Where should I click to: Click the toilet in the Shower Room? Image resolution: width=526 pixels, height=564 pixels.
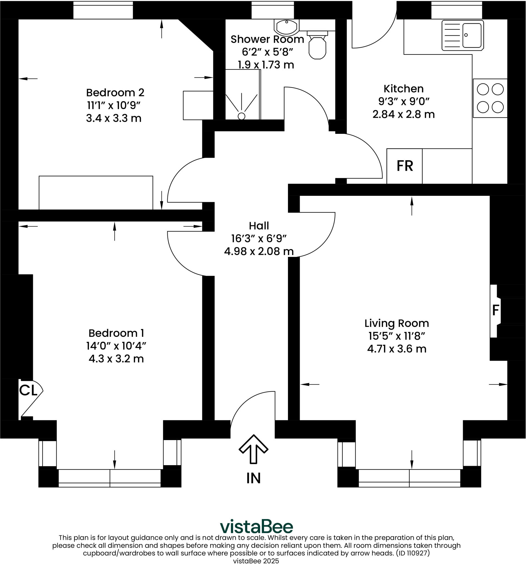point(317,47)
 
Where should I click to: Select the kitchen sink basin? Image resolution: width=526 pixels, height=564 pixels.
point(472,35)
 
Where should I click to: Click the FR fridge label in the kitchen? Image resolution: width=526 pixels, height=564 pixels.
point(404,166)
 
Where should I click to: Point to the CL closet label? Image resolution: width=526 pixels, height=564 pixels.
point(28,391)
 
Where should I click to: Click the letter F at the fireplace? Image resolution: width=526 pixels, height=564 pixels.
point(495,310)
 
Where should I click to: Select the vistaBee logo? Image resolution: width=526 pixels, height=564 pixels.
point(256,527)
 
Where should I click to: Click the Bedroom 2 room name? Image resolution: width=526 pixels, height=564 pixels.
point(115,93)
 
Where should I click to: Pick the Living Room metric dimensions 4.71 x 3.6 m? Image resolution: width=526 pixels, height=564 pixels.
point(396,349)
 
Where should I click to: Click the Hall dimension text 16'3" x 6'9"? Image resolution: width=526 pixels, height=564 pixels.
point(259,238)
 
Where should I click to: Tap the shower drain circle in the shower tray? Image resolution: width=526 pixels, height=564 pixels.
point(241,116)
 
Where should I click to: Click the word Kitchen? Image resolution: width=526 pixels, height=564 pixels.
point(403,89)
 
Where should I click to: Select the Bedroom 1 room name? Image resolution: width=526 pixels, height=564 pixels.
point(116,333)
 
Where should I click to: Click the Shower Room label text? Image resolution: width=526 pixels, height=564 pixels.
point(267,39)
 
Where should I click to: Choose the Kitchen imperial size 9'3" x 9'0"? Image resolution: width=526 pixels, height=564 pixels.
point(403,101)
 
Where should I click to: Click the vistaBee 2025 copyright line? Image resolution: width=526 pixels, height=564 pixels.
point(256,561)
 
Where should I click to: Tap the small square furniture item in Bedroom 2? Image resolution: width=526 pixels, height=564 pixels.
point(198,105)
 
